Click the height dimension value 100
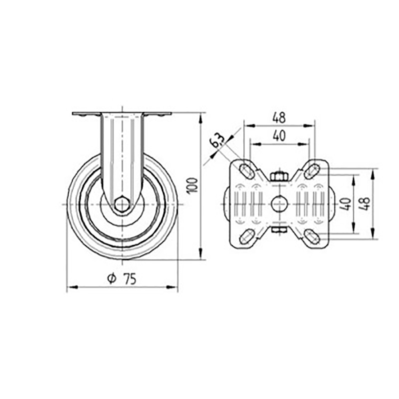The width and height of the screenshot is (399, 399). [x=192, y=185]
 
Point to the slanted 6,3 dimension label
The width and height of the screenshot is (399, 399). [x=217, y=141]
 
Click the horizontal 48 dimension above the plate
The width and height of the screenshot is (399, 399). [x=279, y=118]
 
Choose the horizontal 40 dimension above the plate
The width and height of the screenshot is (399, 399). [x=279, y=137]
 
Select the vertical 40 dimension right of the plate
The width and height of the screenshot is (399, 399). [x=347, y=203]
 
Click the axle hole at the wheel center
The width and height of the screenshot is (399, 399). [x=121, y=204]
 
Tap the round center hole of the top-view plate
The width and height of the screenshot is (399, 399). [x=278, y=204]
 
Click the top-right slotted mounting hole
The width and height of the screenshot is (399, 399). [x=312, y=169]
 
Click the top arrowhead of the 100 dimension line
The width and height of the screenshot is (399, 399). [x=202, y=117]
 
